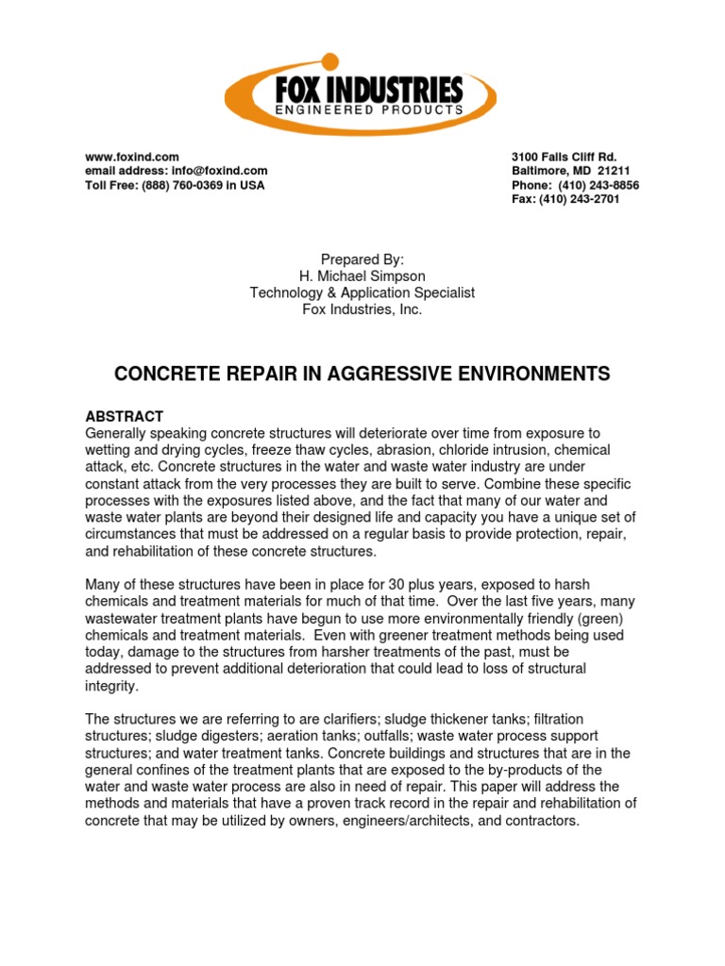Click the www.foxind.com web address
tap(132, 157)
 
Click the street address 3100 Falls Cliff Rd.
tap(564, 157)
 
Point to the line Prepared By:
tap(362, 259)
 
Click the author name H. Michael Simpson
tap(362, 275)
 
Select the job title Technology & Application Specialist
tap(362, 292)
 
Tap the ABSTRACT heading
tap(125, 416)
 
